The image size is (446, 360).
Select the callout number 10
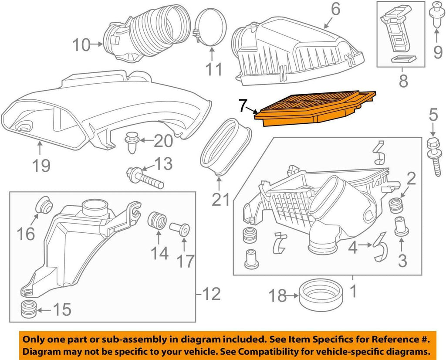81,44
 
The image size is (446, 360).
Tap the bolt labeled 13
144,178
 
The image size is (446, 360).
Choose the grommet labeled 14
157,220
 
